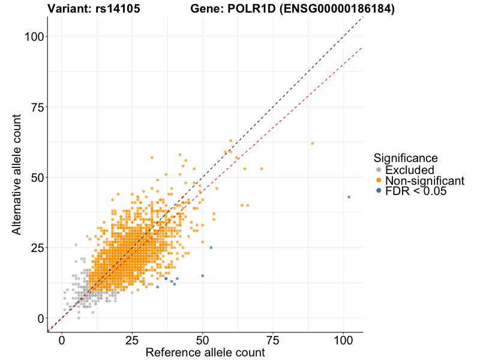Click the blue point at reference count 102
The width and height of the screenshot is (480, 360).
[349, 197]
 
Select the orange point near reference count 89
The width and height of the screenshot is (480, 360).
[313, 143]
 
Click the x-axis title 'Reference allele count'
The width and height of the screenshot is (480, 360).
[205, 353]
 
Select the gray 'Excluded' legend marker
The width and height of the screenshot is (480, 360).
[378, 170]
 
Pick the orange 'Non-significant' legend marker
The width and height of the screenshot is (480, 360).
[378, 181]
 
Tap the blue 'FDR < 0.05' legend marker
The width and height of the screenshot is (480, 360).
[378, 191]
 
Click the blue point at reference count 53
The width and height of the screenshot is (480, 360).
[211, 247]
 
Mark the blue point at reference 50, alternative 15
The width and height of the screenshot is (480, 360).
[202, 275]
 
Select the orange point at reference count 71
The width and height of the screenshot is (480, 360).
[262, 169]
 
